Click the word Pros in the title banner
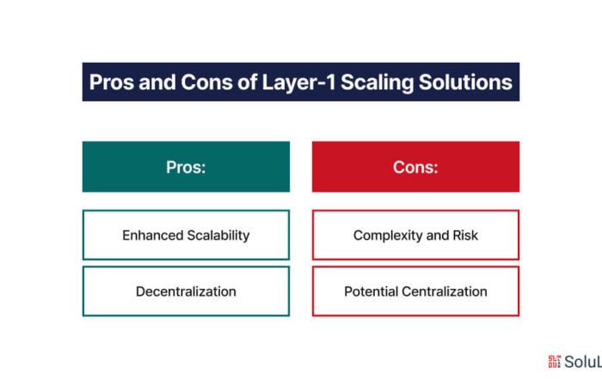(111, 83)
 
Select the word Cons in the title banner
(206, 83)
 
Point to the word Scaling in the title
(377, 83)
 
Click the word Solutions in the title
(465, 83)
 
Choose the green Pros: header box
(187, 167)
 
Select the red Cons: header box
(415, 167)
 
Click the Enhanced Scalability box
(187, 235)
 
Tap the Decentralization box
(187, 291)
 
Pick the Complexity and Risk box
(415, 235)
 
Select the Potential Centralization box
(415, 291)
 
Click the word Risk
(465, 235)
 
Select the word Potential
(372, 291)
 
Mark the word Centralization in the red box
(445, 291)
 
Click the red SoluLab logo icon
(554, 361)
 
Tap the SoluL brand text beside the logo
(583, 362)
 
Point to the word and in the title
(157, 83)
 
